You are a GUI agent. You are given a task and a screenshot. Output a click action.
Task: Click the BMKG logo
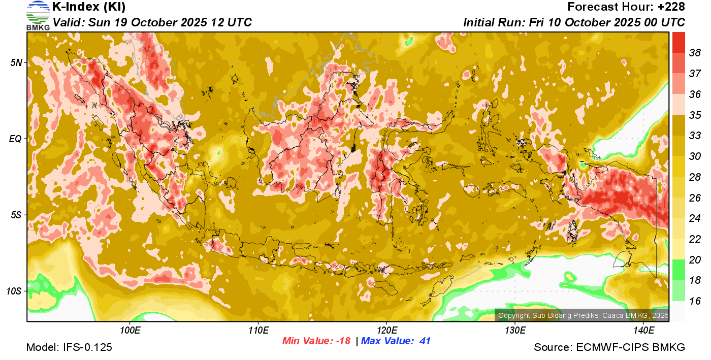click(38, 15)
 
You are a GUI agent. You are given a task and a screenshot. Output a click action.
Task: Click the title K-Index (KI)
click(89, 7)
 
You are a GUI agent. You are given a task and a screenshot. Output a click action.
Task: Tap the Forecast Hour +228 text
click(626, 7)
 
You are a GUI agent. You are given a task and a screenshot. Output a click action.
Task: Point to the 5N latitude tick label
click(17, 62)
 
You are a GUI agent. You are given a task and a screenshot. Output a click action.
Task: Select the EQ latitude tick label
click(16, 139)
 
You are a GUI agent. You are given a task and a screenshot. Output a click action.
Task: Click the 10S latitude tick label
click(15, 291)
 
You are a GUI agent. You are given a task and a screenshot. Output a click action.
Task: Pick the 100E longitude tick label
click(130, 331)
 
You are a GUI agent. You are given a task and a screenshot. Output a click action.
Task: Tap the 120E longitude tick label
click(386, 331)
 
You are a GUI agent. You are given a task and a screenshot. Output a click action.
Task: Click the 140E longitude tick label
click(643, 331)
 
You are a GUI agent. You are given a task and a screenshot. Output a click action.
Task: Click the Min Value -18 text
click(316, 341)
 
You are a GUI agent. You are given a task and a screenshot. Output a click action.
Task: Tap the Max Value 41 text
click(396, 341)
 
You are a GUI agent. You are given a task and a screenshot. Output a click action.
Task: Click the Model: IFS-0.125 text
click(69, 348)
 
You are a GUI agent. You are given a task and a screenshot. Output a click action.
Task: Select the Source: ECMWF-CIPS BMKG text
click(609, 348)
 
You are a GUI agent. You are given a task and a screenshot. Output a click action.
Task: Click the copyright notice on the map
click(583, 316)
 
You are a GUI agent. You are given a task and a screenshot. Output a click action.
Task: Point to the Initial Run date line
click(574, 23)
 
